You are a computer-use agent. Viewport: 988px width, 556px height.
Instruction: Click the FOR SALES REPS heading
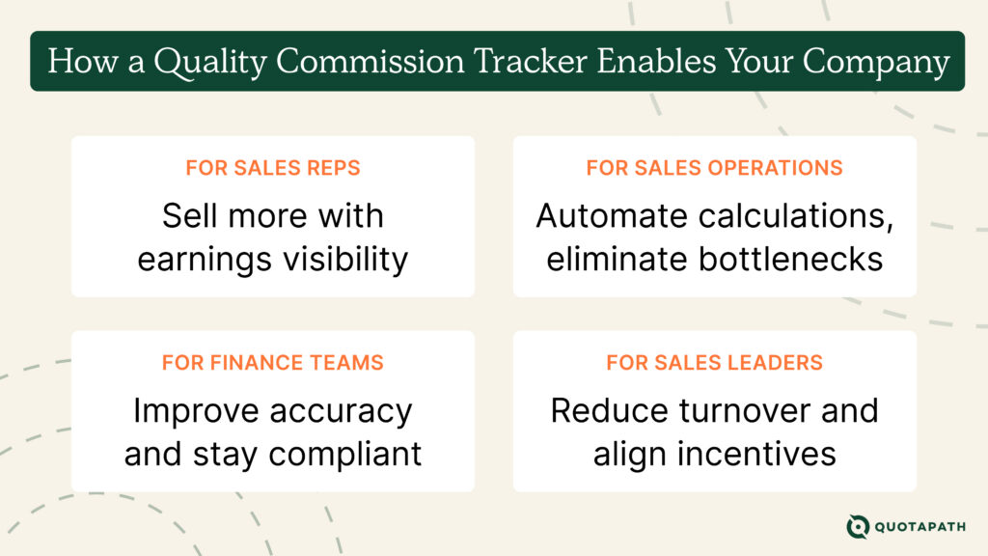pos(273,168)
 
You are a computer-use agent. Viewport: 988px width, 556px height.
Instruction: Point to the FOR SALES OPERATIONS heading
pos(714,168)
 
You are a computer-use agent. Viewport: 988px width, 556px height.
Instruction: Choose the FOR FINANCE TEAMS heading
pos(273,363)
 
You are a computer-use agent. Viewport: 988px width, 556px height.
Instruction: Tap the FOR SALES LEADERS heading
pos(714,363)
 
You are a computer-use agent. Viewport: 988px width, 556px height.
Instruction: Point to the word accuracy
pos(342,411)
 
